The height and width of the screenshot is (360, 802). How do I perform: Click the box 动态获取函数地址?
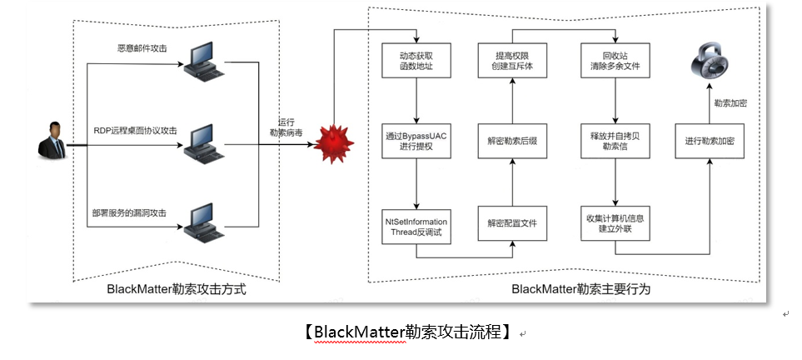416,59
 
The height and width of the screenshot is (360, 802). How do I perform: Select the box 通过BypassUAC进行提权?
416,141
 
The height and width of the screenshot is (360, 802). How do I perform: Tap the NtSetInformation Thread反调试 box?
416,223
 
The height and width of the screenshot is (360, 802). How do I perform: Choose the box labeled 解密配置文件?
512,223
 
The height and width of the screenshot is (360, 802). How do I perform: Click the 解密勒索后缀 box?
512,141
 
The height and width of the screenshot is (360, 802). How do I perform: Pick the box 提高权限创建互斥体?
512,59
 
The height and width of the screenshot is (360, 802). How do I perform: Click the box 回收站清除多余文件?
615,59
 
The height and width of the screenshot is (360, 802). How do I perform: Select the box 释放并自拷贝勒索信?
615,141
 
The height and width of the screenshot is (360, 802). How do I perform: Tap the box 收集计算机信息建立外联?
615,223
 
